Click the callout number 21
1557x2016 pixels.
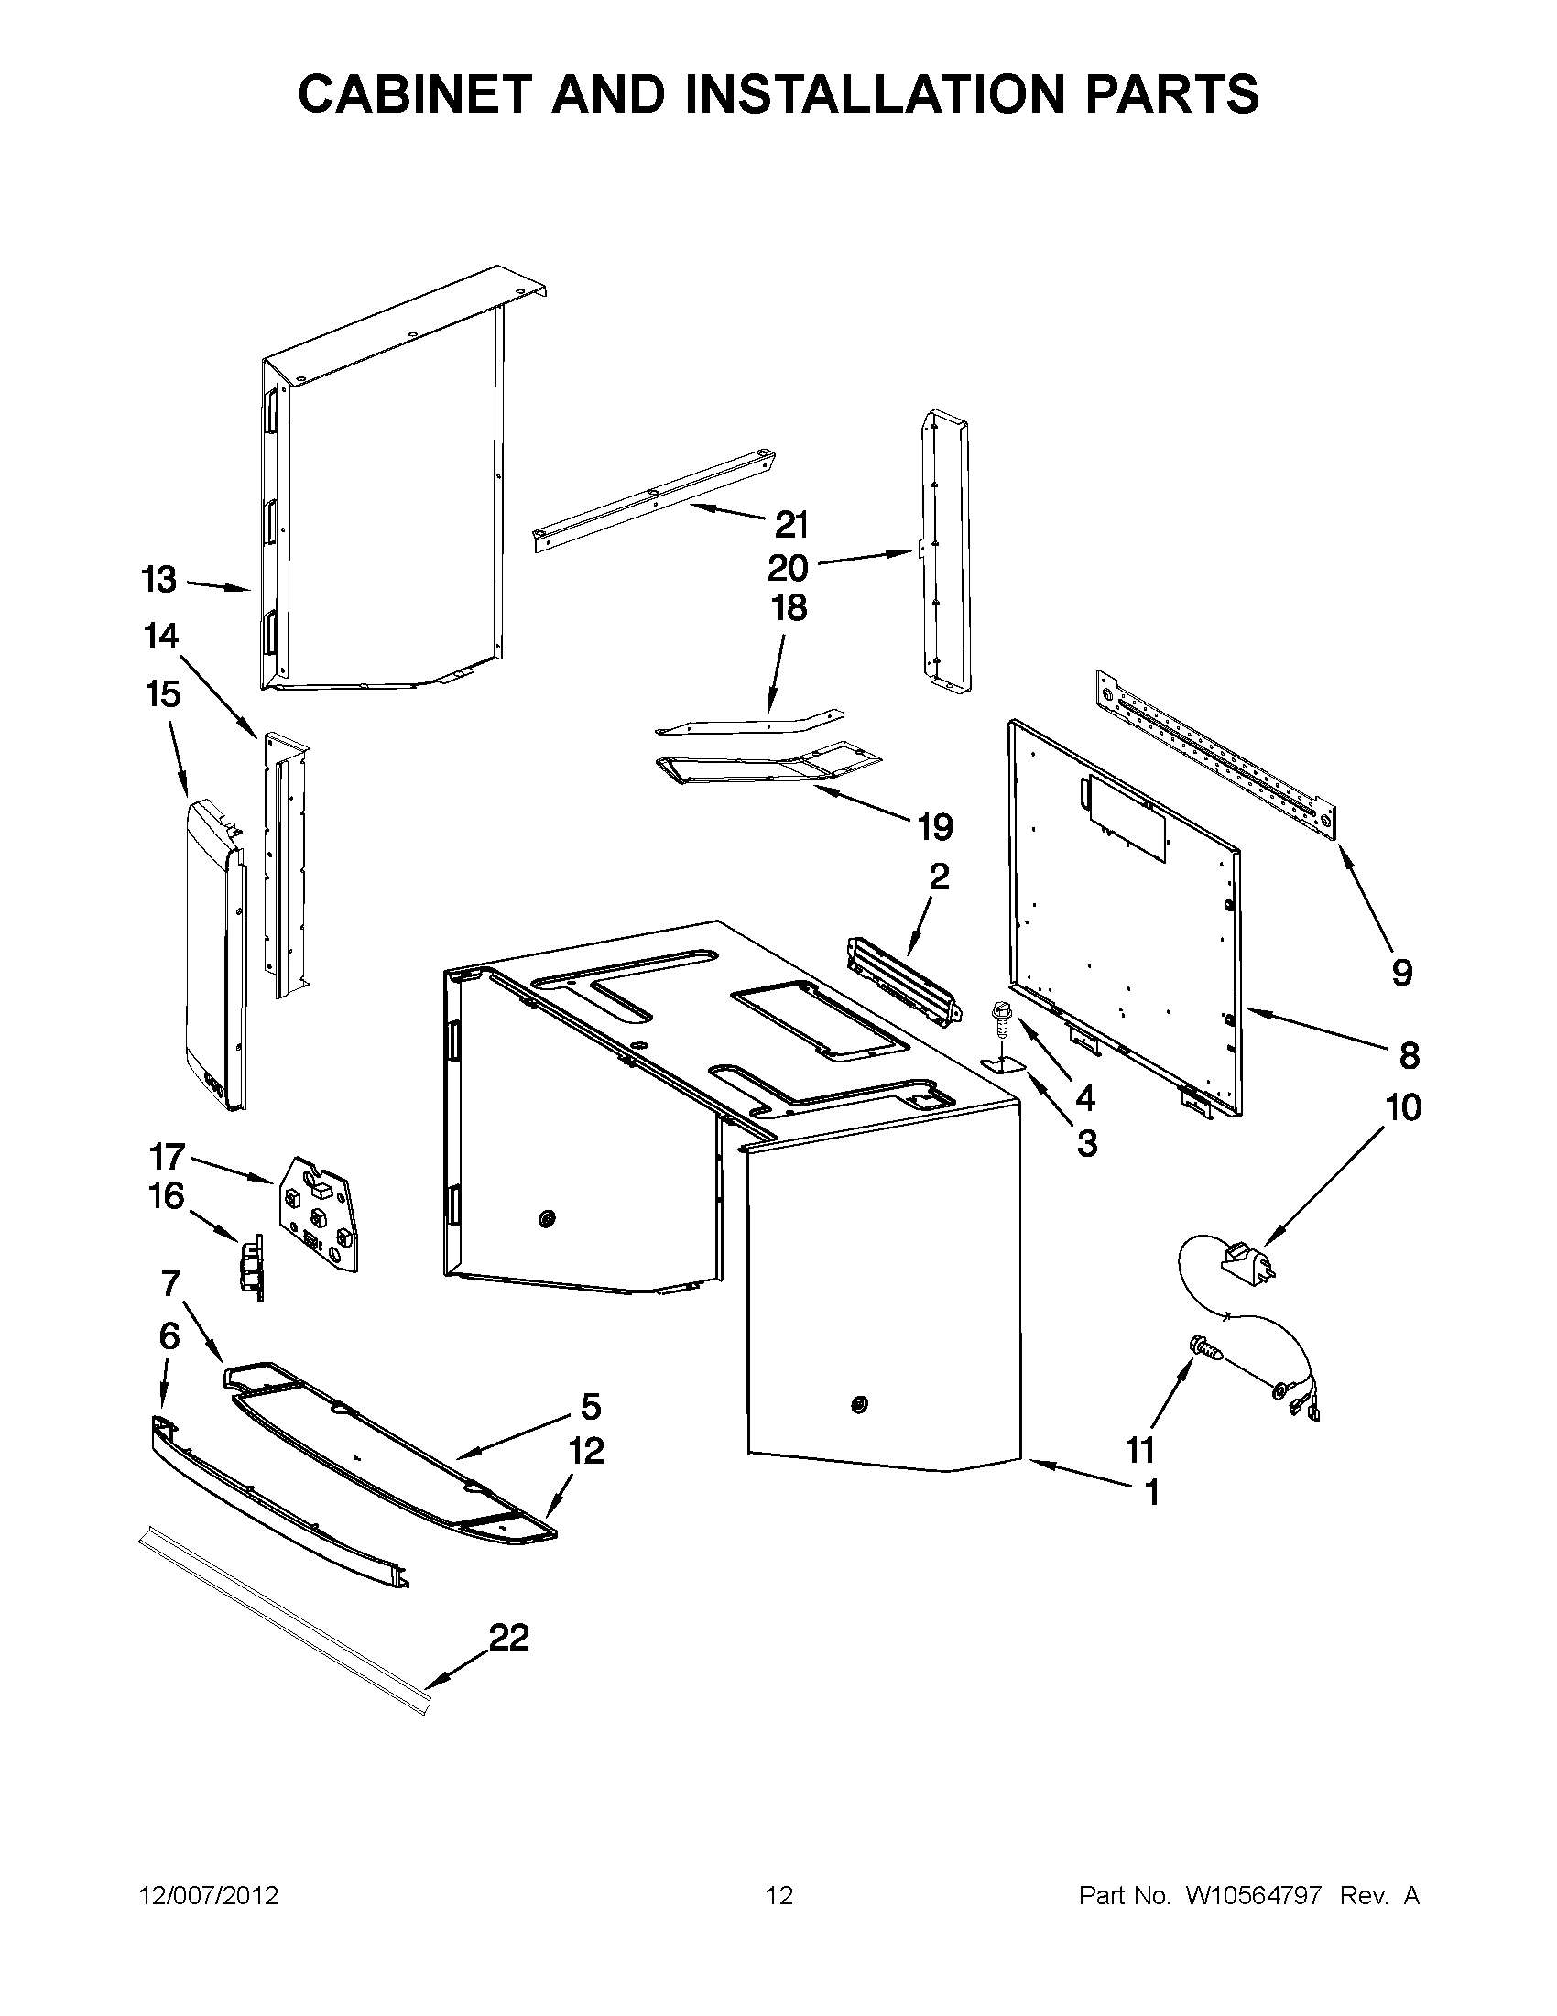tap(791, 524)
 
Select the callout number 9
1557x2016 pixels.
tap(1401, 972)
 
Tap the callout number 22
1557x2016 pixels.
tap(508, 1638)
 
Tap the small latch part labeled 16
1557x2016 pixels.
tap(252, 1267)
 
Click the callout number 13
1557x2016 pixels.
tap(158, 580)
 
